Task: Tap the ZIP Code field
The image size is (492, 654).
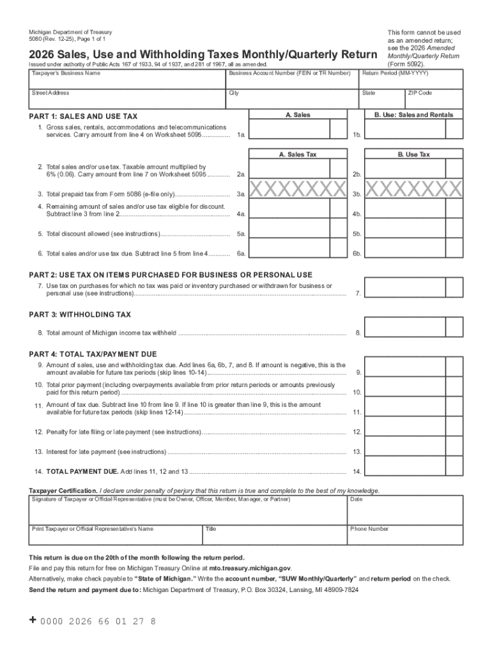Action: point(434,99)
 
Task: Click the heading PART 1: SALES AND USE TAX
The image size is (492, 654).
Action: point(83,117)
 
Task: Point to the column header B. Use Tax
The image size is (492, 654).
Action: point(413,155)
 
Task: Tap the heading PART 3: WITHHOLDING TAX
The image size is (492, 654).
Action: point(80,315)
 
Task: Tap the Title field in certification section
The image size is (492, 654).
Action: point(274,535)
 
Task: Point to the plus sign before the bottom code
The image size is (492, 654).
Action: point(33,621)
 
